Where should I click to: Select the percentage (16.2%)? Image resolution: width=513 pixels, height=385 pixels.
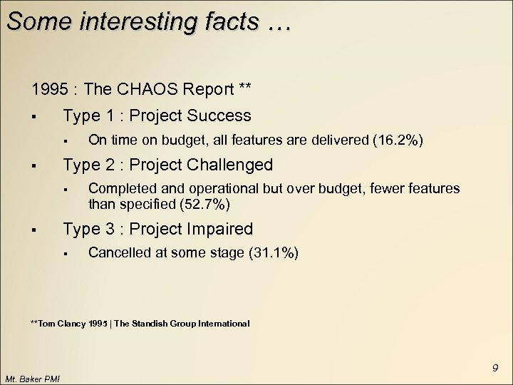point(398,140)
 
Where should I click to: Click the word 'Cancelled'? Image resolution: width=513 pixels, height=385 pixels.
point(117,252)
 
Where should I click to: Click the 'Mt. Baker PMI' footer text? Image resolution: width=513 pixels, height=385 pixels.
point(33,378)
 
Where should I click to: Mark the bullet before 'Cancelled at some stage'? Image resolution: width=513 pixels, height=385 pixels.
point(64,254)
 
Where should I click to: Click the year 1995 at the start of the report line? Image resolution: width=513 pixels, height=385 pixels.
point(49,89)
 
